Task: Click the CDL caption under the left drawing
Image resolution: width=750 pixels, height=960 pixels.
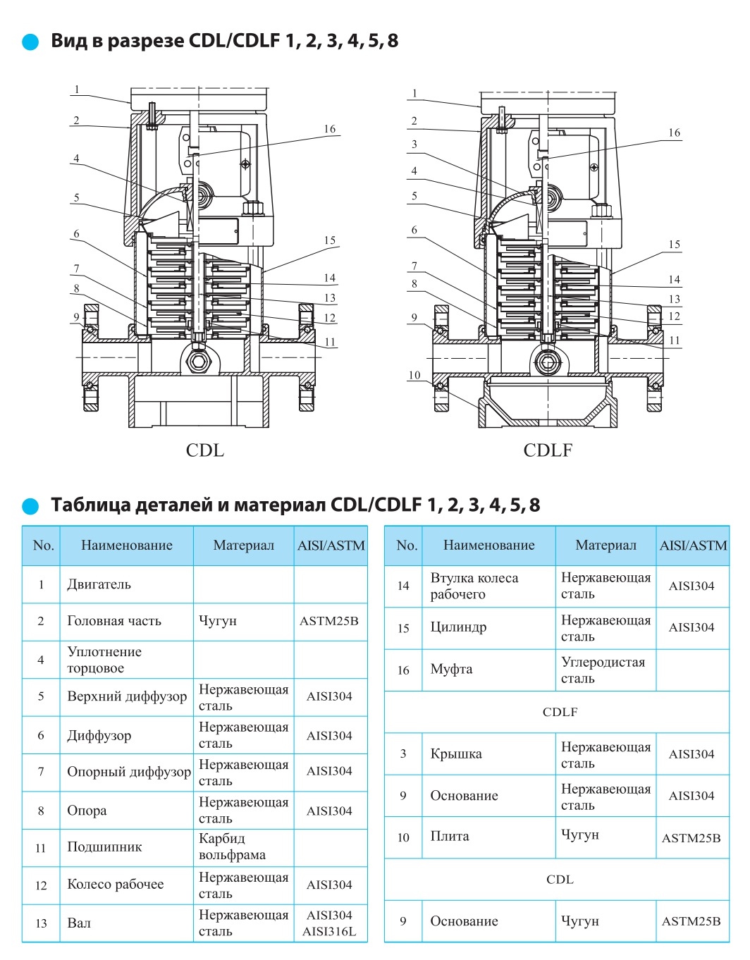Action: pyautogui.click(x=204, y=450)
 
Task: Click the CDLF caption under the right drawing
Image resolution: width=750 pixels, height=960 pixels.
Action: pyautogui.click(x=548, y=450)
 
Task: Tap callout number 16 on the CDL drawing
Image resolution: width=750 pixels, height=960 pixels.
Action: pyautogui.click(x=330, y=129)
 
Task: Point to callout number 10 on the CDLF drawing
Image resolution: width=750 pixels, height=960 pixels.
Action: pyautogui.click(x=414, y=375)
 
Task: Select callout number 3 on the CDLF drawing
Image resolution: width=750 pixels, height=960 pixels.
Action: pyautogui.click(x=414, y=144)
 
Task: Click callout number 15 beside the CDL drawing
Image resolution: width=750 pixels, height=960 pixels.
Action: pyautogui.click(x=330, y=240)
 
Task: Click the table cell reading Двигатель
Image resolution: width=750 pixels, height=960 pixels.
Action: pyautogui.click(x=99, y=584)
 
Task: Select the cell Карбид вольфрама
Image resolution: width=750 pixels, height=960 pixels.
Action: pyautogui.click(x=233, y=847)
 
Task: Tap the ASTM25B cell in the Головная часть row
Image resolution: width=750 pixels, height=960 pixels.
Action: pyautogui.click(x=329, y=621)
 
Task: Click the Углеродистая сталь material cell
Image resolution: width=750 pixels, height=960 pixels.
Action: pyautogui.click(x=603, y=670)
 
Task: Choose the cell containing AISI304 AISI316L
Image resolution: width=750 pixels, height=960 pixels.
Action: pyautogui.click(x=329, y=923)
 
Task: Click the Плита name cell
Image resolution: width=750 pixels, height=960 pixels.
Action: pyautogui.click(x=450, y=837)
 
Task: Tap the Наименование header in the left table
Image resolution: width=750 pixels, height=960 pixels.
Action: pyautogui.click(x=127, y=545)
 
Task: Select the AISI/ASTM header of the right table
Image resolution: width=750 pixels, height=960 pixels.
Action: pyautogui.click(x=693, y=545)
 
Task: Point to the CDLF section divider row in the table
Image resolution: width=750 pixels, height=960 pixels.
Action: pyautogui.click(x=560, y=712)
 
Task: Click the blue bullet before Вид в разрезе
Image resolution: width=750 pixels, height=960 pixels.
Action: pyautogui.click(x=30, y=42)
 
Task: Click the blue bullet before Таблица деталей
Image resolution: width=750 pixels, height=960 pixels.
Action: pyautogui.click(x=30, y=506)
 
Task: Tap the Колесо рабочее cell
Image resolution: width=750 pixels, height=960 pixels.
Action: pyautogui.click(x=116, y=885)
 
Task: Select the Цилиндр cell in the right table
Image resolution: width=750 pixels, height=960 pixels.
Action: pyautogui.click(x=459, y=627)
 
